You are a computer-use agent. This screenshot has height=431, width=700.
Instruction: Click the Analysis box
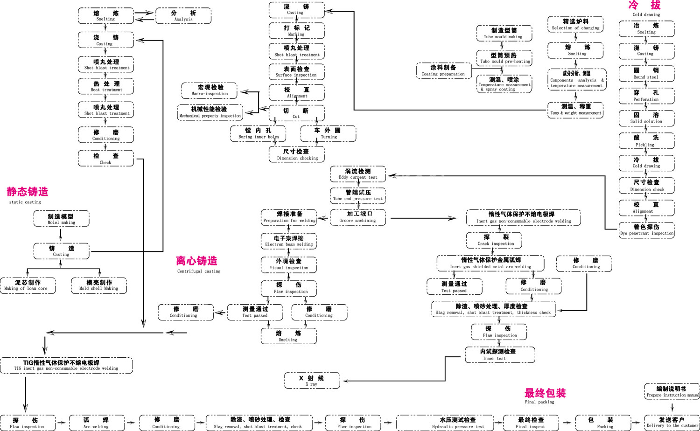183,16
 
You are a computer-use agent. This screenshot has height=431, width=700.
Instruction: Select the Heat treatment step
106,86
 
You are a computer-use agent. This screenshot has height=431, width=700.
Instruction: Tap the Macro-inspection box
210,90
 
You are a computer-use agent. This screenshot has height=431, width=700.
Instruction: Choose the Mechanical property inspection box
210,112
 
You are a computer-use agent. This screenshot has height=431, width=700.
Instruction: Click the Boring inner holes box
258,133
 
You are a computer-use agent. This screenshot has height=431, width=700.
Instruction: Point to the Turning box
328,133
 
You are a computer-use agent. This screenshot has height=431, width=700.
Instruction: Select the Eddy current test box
358,174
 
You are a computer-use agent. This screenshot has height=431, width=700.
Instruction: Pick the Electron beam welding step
289,241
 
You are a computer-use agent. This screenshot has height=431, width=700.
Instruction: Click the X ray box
312,381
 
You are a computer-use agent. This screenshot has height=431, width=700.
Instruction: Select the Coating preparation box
443,70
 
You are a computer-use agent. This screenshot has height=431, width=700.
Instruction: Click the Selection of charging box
575,24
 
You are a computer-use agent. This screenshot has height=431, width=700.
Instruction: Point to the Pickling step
646,141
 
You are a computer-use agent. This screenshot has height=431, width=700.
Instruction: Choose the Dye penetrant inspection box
646,230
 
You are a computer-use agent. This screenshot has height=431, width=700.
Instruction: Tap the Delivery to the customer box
672,423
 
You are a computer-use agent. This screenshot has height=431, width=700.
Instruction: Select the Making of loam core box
28,285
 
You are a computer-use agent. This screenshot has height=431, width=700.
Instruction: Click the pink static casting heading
28,192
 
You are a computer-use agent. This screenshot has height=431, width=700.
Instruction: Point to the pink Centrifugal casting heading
196,261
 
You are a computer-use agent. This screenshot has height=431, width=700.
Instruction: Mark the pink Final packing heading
545,393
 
